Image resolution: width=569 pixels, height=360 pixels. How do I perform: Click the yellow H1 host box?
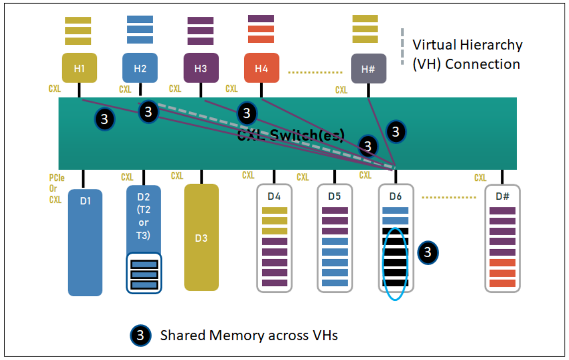(79, 68)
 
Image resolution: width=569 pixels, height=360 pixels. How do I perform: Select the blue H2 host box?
(140, 68)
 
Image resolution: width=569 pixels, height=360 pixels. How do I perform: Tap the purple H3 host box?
(201, 68)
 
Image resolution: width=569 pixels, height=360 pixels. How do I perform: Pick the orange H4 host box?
(262, 68)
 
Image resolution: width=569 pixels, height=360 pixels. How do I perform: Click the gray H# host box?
(368, 69)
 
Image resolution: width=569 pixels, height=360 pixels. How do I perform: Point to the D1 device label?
(85, 200)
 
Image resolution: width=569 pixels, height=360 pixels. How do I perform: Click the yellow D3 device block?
(201, 237)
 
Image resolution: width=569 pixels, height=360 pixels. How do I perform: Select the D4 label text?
(274, 196)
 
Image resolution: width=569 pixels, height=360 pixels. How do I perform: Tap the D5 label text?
(335, 196)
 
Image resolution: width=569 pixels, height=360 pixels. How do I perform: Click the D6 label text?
(395, 196)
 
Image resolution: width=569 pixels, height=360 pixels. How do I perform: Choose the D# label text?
(502, 196)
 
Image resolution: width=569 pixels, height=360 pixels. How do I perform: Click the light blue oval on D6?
(395, 264)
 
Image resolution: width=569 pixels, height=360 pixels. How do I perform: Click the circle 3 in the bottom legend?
(140, 336)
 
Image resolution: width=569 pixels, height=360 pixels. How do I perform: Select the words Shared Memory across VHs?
(249, 336)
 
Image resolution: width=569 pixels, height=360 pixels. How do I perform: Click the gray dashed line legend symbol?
(402, 47)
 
